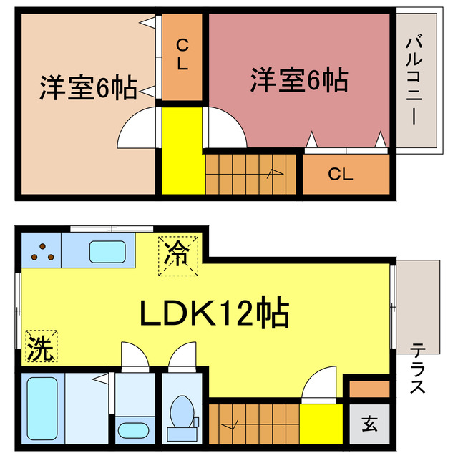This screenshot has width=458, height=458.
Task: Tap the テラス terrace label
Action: coord(418,369)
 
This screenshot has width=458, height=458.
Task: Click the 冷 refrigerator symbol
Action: coord(177,255)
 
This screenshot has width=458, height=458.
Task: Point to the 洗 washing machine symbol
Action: coord(40,347)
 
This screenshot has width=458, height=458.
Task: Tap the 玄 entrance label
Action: coord(369,424)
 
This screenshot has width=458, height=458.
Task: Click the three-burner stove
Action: coord(41,251)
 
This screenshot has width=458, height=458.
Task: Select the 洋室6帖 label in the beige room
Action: coord(88,88)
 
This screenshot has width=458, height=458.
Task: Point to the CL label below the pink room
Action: coord(341,174)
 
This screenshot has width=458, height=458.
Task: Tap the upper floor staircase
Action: coord(250,172)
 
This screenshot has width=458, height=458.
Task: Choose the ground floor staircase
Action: coord(253,424)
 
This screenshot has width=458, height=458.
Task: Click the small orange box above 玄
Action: coord(369,389)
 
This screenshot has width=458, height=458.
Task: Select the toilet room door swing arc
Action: coord(182,354)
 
